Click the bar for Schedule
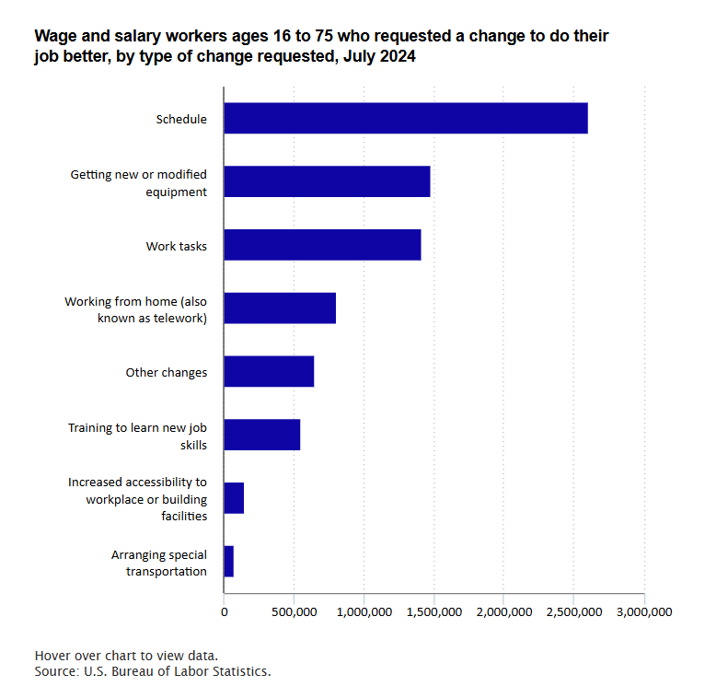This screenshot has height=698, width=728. [405, 119]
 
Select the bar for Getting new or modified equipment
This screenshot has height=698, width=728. [327, 181]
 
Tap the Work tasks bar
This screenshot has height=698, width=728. [322, 245]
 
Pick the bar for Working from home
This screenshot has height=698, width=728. [280, 308]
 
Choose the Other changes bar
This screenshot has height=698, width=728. [269, 371]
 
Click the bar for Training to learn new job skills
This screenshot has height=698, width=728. [262, 435]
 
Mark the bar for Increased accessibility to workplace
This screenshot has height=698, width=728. [234, 498]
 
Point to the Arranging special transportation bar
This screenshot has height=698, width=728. [229, 561]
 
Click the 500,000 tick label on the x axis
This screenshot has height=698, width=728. [294, 611]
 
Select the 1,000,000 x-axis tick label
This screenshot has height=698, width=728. [364, 611]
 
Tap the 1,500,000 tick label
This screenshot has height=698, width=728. [433, 611]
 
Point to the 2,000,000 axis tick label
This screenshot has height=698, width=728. [503, 611]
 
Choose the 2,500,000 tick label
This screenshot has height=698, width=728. [573, 611]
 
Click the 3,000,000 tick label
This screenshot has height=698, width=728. [643, 611]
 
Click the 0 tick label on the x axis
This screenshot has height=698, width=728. [224, 611]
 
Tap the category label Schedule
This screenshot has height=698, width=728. [181, 119]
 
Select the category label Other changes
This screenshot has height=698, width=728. [166, 372]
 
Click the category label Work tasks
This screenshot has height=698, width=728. [176, 246]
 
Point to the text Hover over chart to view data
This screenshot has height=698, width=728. [126, 655]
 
